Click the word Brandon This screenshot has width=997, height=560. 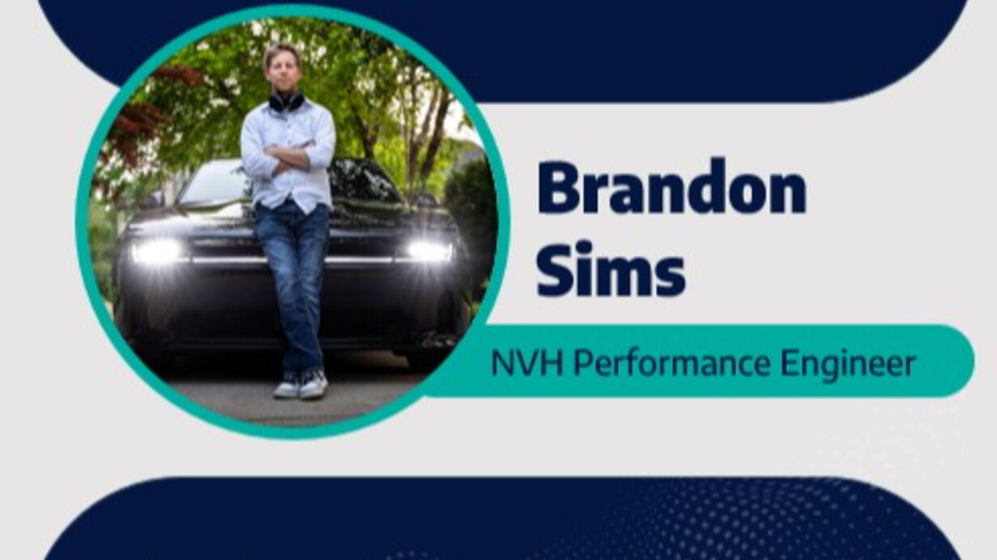coord(672,186)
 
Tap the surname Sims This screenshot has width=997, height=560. coord(610,268)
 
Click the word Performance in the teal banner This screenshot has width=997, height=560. coord(672,363)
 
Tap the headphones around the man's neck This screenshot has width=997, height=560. coord(287,102)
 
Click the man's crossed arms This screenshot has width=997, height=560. coord(289,154)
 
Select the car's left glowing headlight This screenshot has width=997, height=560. coord(156,251)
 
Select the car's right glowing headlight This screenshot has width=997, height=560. coord(428,252)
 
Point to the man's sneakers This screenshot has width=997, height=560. coord(302,385)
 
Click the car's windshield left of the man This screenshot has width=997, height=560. coord(214,182)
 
